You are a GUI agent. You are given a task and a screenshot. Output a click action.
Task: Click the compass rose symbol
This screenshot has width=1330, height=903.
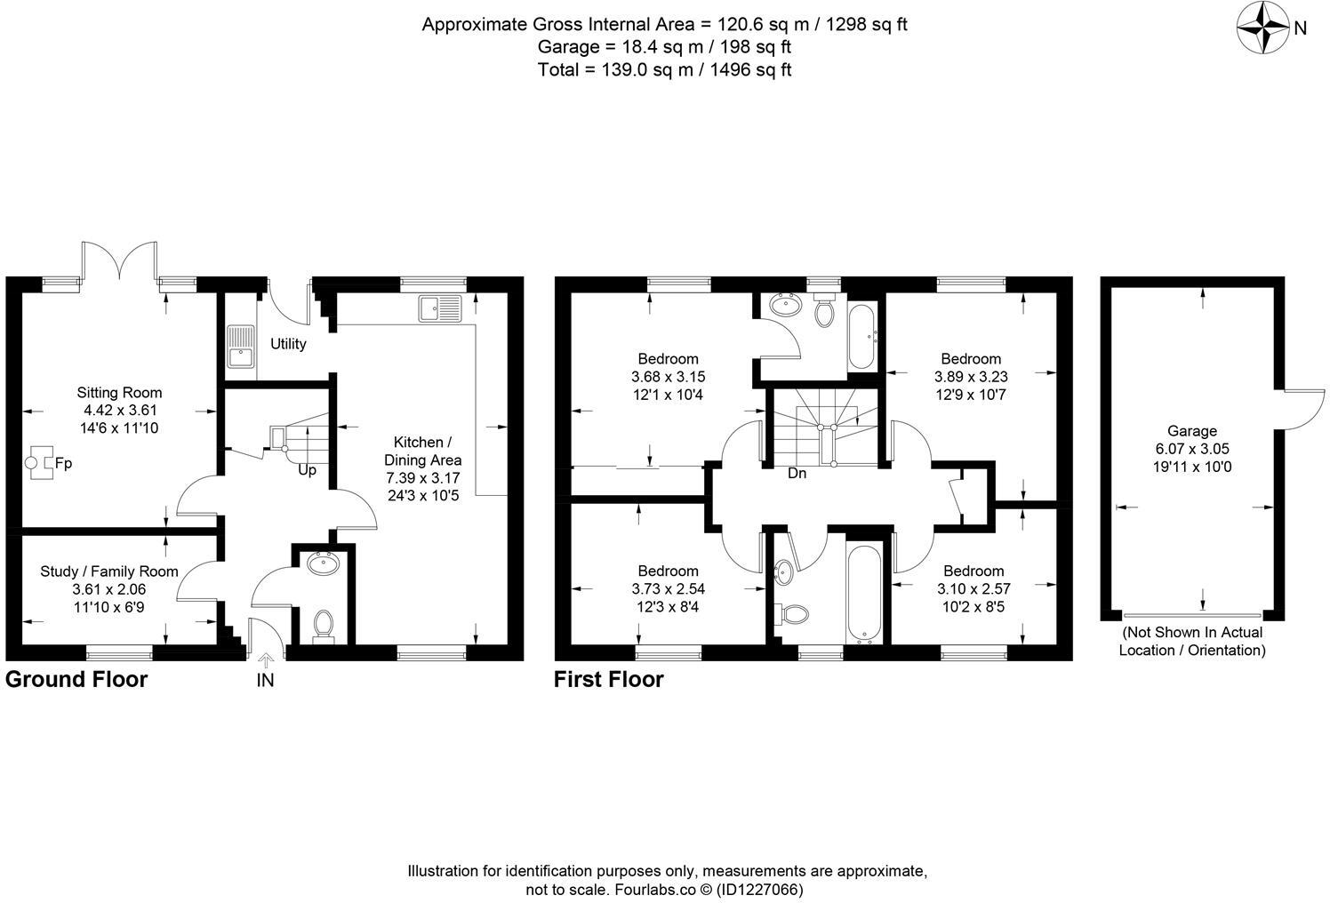(x=1262, y=28)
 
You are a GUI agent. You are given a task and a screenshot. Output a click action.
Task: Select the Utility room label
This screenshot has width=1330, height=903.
(x=288, y=344)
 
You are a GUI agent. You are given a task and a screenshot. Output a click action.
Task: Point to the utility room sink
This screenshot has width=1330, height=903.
(x=240, y=347)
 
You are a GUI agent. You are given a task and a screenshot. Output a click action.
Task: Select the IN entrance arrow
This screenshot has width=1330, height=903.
(x=265, y=660)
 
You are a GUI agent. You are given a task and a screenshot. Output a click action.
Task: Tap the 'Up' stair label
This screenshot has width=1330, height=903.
(x=307, y=470)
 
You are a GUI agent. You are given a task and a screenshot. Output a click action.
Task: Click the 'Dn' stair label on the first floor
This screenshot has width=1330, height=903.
(x=797, y=474)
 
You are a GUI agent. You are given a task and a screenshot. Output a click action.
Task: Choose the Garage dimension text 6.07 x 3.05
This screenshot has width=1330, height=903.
(x=1192, y=449)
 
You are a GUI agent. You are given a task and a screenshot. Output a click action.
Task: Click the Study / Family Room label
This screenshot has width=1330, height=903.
(x=109, y=571)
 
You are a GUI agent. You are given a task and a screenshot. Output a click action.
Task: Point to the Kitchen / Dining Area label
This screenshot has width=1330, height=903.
(x=422, y=451)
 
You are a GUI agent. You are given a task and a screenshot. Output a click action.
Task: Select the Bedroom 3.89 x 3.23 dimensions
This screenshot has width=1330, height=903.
(x=971, y=377)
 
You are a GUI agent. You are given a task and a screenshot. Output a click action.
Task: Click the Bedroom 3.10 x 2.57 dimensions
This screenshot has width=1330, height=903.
(x=973, y=588)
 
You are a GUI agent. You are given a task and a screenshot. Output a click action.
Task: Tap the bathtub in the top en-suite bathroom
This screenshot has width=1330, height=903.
(x=862, y=337)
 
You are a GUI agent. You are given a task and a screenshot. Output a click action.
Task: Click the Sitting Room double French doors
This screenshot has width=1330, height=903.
(x=120, y=260)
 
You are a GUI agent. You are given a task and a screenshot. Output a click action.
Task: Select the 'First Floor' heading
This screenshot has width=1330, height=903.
(x=608, y=680)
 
